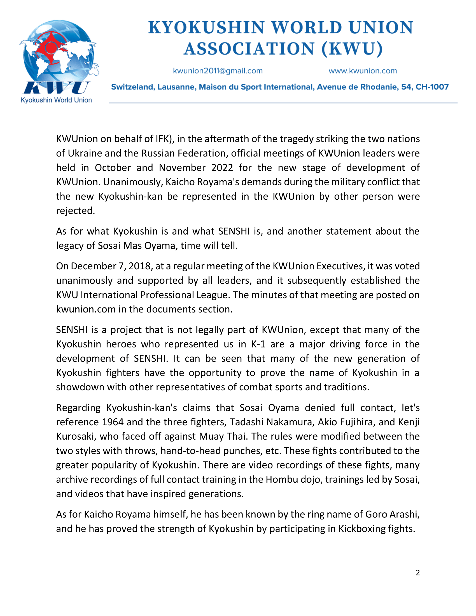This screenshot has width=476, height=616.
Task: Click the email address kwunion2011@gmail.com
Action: coord(218,71)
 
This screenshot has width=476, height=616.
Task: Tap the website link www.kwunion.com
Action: coord(363,71)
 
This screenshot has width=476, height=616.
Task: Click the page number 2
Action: coord(418,573)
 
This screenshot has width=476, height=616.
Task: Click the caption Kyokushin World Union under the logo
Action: coord(56,100)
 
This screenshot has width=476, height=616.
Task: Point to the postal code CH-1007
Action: coord(432,87)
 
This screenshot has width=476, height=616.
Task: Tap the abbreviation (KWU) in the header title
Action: coord(352,49)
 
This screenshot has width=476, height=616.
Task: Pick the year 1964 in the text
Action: coord(113,422)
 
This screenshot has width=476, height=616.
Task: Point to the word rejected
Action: coord(75,211)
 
